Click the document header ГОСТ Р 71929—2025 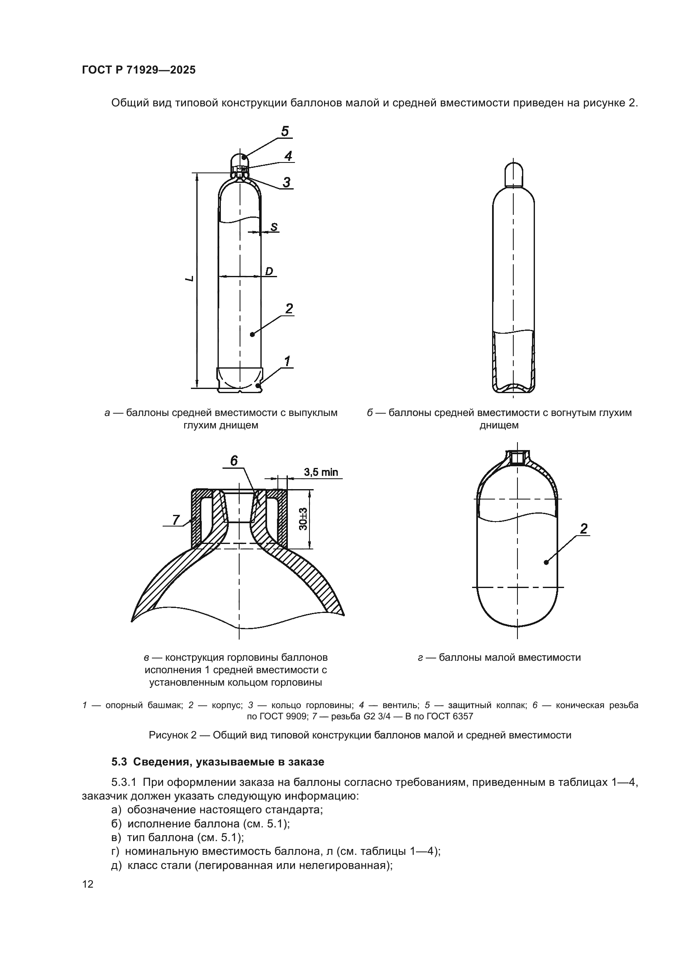click(139, 70)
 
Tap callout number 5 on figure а click(285, 132)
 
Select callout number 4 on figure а click(288, 156)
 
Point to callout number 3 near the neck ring click(286, 182)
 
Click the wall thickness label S click(274, 227)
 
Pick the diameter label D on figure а click(269, 271)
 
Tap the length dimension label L click(191, 278)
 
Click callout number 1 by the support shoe click(287, 362)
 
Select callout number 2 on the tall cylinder click(289, 309)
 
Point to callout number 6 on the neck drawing click(234, 460)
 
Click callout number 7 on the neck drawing click(176, 519)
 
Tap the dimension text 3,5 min click(321, 472)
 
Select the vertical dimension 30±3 click(303, 519)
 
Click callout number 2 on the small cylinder click(584, 528)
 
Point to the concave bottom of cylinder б click(513, 387)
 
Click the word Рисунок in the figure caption click(168, 735)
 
